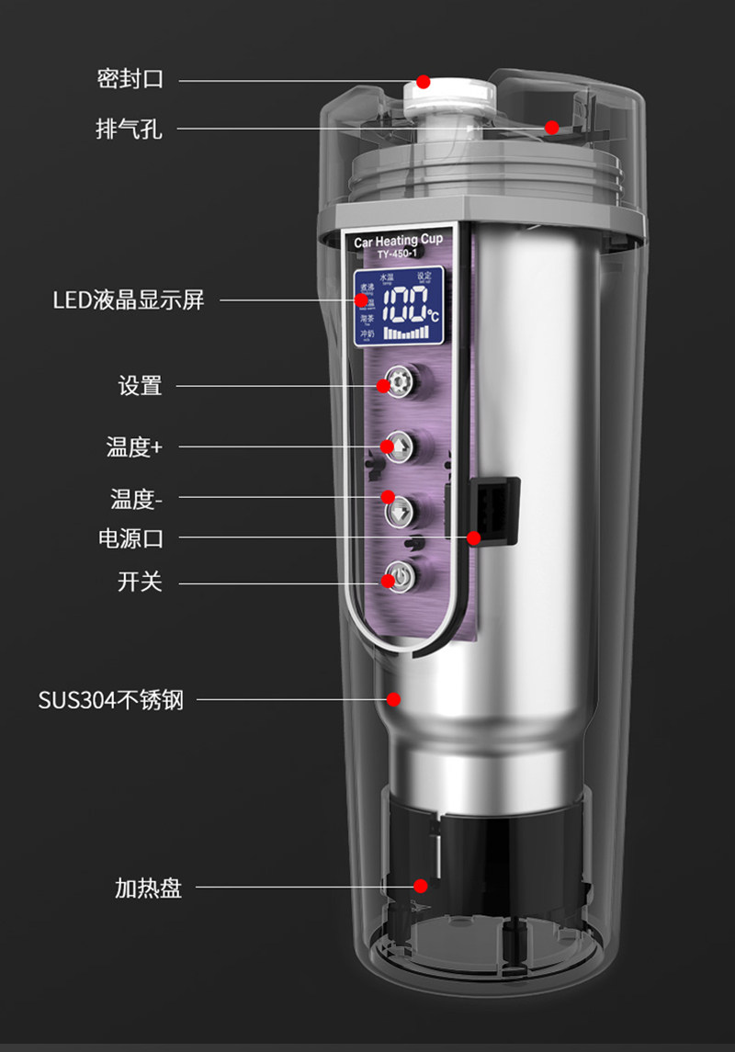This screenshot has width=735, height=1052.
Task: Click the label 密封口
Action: point(130,79)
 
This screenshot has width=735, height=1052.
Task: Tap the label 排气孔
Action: point(130,129)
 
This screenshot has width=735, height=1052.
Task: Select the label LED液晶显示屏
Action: point(128,300)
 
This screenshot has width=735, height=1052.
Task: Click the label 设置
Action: point(140,386)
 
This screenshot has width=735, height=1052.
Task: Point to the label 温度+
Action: point(134,447)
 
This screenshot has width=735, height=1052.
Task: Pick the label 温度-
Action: point(137,499)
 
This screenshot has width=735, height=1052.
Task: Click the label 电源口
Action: point(130,537)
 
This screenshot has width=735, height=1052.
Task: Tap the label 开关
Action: point(140,582)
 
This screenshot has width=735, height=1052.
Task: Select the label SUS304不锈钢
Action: point(111,700)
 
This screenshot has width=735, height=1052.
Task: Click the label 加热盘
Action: point(148,888)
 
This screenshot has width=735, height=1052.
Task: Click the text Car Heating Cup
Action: point(399,242)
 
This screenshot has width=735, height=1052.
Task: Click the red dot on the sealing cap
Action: point(423,81)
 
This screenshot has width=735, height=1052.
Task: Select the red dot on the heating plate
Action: point(420,886)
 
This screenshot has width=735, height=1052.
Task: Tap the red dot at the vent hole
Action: point(551,128)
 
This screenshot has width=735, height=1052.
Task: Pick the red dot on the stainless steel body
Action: point(393,699)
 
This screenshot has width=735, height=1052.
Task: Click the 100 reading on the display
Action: point(401,304)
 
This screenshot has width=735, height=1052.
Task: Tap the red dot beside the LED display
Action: point(361,300)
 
